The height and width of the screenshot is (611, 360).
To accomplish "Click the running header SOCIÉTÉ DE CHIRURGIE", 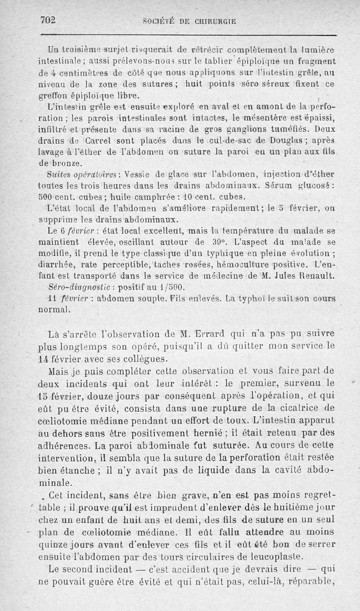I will pos(189,21).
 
